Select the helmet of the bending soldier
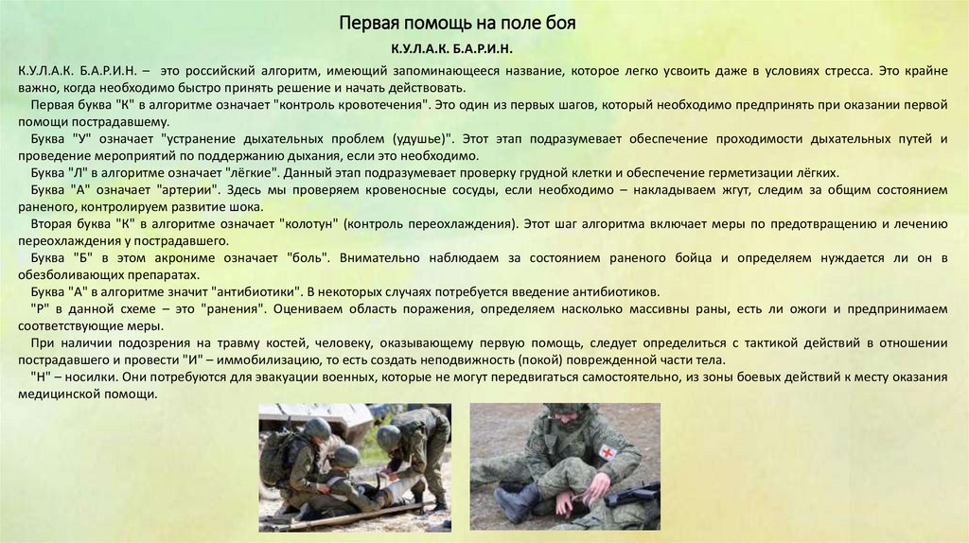(x=388, y=437)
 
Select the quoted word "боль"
(x=307, y=257)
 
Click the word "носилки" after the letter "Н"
(x=84, y=377)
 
